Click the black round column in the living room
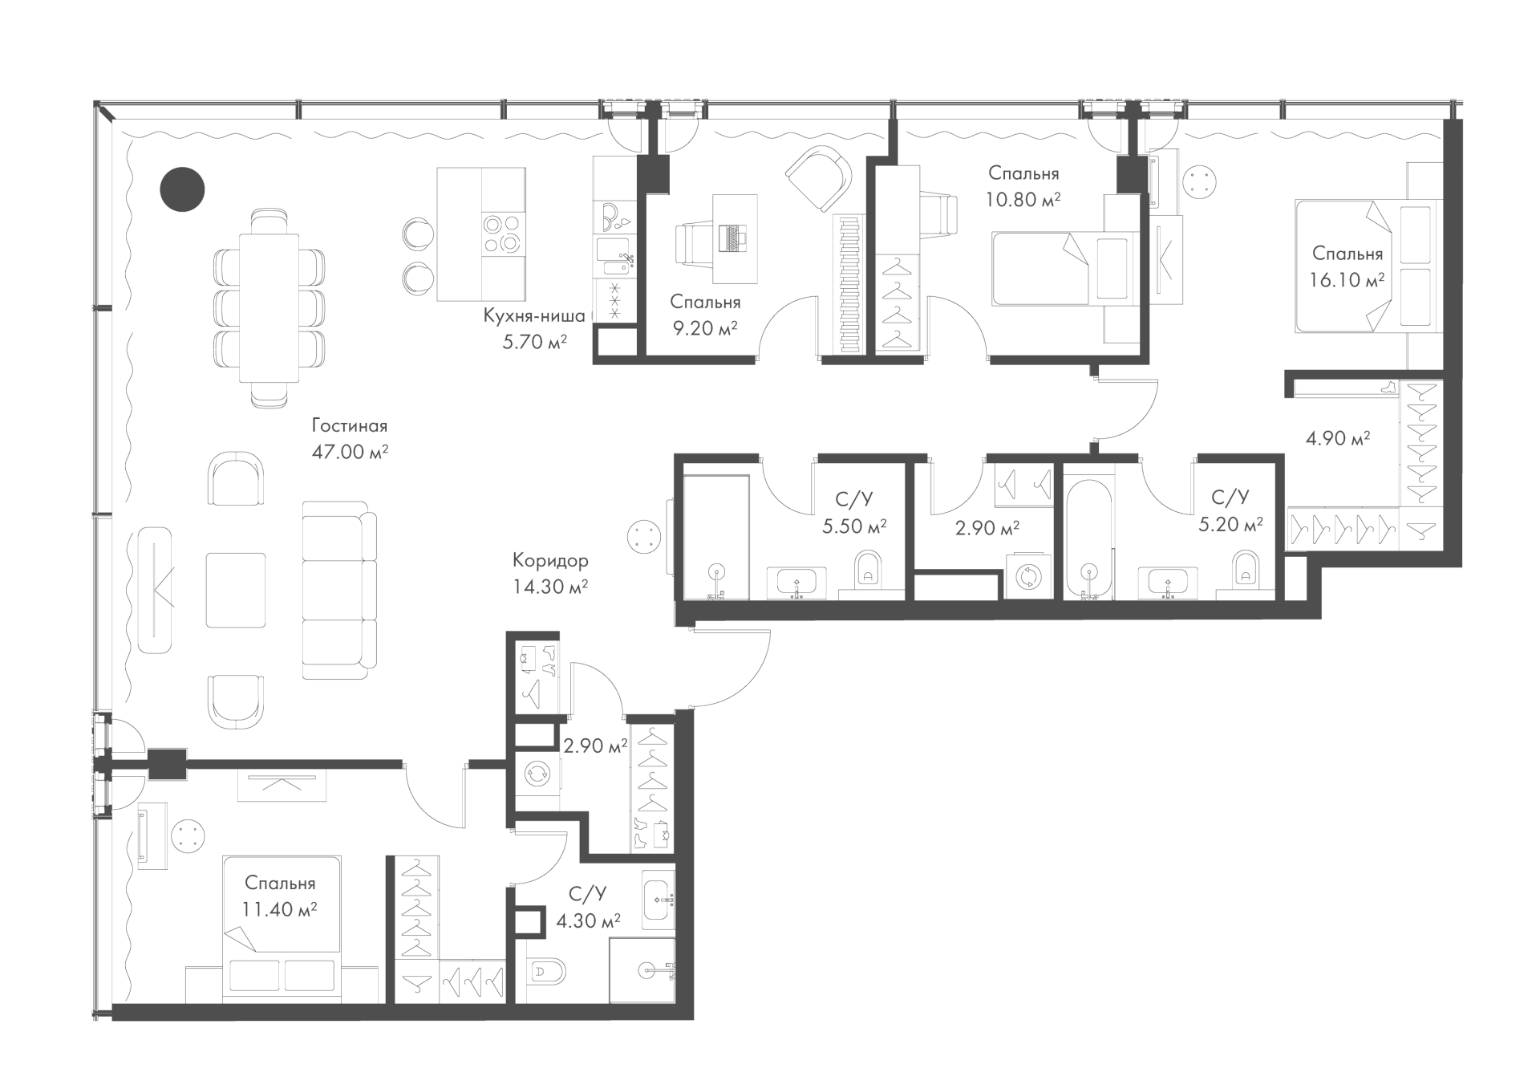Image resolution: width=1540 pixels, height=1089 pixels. (183, 189)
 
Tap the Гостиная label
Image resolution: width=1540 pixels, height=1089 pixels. (350, 426)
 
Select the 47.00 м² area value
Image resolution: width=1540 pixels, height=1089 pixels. (350, 453)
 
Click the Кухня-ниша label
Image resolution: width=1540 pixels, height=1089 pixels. (534, 316)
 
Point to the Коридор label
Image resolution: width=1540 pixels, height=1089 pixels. (550, 560)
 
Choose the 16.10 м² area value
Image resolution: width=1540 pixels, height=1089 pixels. (1347, 280)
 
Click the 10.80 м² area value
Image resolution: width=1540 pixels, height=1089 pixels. (1023, 199)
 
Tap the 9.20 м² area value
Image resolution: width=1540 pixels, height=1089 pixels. (705, 328)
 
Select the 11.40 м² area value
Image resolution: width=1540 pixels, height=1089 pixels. (279, 909)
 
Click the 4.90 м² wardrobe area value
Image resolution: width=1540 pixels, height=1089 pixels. (1338, 438)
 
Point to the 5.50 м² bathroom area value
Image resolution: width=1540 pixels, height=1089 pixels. (854, 526)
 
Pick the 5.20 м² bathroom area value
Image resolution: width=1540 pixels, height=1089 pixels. (1230, 525)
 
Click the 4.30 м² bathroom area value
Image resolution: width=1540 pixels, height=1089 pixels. (588, 921)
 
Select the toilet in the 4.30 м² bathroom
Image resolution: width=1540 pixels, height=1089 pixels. (547, 973)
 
